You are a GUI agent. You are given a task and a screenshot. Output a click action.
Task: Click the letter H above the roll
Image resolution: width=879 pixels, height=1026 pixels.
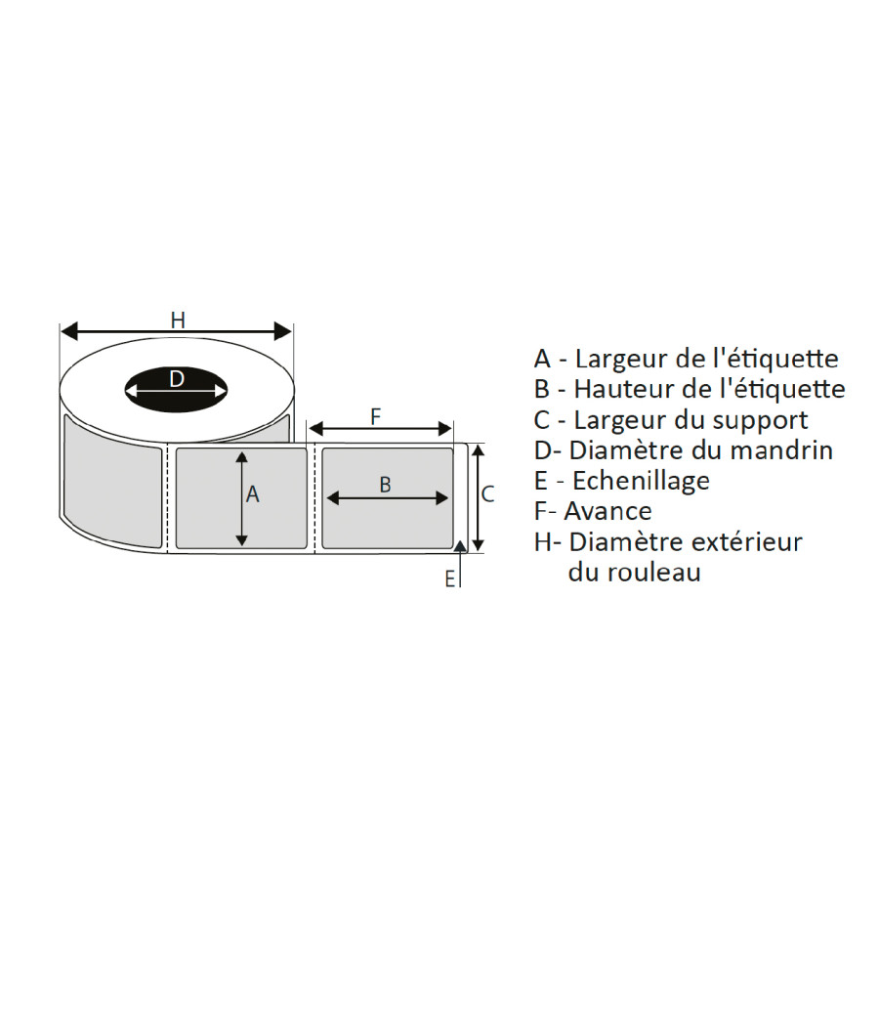point(178,320)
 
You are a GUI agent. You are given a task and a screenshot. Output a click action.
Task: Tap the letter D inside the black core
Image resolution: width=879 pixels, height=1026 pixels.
point(177,378)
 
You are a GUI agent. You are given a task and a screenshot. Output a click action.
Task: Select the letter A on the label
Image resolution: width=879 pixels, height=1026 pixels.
point(252,494)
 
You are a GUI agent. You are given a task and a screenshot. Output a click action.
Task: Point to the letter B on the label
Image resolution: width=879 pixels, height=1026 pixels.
point(385,485)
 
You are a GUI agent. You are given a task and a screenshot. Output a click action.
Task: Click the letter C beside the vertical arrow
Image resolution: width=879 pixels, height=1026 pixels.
point(488,494)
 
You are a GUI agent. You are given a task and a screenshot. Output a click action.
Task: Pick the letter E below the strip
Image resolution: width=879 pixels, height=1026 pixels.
point(450,579)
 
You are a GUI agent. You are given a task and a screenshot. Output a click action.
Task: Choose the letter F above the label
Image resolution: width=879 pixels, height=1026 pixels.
point(375,417)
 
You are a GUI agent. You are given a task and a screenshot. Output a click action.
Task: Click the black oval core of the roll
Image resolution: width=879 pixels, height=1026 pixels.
point(176,390)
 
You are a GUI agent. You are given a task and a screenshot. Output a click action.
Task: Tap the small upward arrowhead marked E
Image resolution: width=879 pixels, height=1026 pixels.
point(461,545)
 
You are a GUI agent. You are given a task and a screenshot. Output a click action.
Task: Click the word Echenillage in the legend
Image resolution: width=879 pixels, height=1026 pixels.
point(641,481)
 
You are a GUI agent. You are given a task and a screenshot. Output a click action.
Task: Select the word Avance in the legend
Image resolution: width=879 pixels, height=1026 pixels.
point(607,511)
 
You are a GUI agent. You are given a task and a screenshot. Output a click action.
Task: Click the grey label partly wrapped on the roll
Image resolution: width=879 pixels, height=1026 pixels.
point(112,481)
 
